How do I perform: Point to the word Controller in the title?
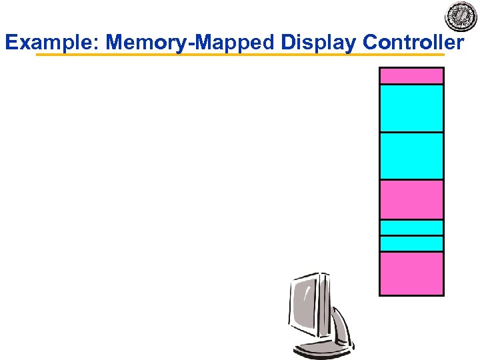pyautogui.click(x=413, y=43)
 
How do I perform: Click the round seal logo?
pyautogui.click(x=461, y=16)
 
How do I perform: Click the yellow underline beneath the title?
pyautogui.click(x=240, y=55)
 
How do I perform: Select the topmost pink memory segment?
pyautogui.click(x=411, y=75)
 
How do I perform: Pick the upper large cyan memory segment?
pyautogui.click(x=411, y=108)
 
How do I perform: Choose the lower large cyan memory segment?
pyautogui.click(x=411, y=156)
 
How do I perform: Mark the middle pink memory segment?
pyautogui.click(x=411, y=199)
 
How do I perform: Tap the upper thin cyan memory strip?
pyautogui.click(x=411, y=227)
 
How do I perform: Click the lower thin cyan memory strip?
pyautogui.click(x=411, y=243)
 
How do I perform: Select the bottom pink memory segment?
pyautogui.click(x=411, y=273)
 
